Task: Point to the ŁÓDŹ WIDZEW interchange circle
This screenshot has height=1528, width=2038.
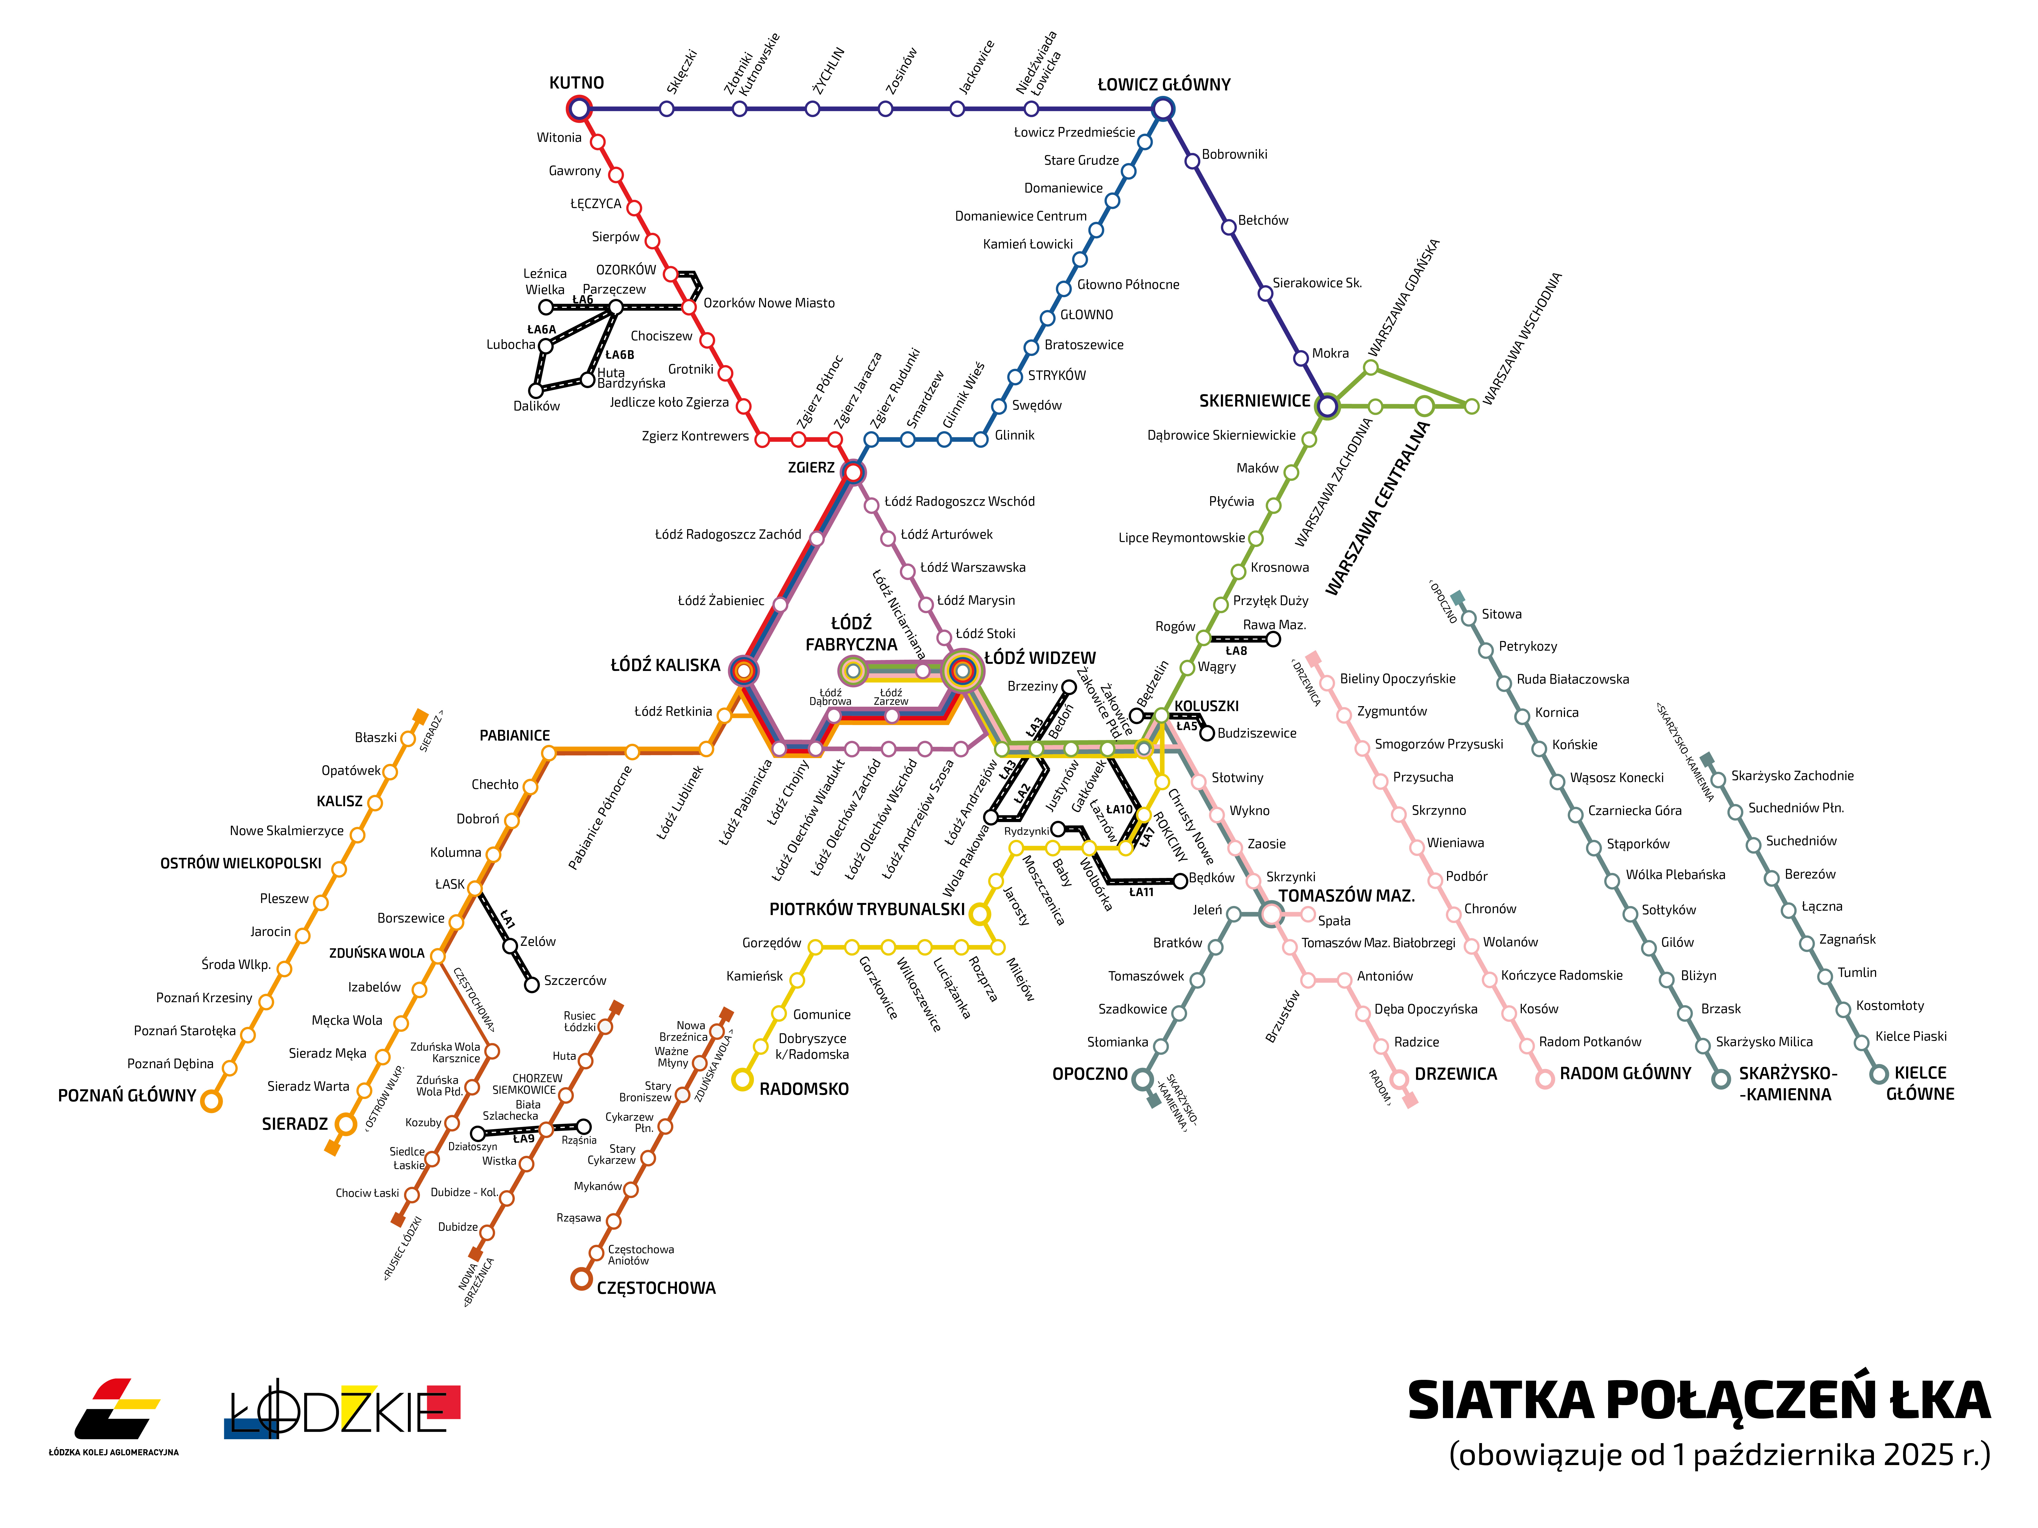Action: click(x=963, y=670)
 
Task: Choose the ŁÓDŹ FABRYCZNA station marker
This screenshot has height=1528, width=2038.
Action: click(x=853, y=670)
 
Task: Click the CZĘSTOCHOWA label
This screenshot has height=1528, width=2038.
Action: click(x=656, y=1287)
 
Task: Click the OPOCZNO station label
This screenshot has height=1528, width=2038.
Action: click(x=1090, y=1074)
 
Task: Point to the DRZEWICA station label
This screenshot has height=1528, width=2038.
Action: click(x=1456, y=1074)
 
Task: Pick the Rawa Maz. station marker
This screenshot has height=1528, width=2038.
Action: click(x=1273, y=639)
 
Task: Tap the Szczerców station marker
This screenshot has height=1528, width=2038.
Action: click(x=532, y=985)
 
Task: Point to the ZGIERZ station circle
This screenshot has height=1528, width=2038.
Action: click(x=853, y=473)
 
